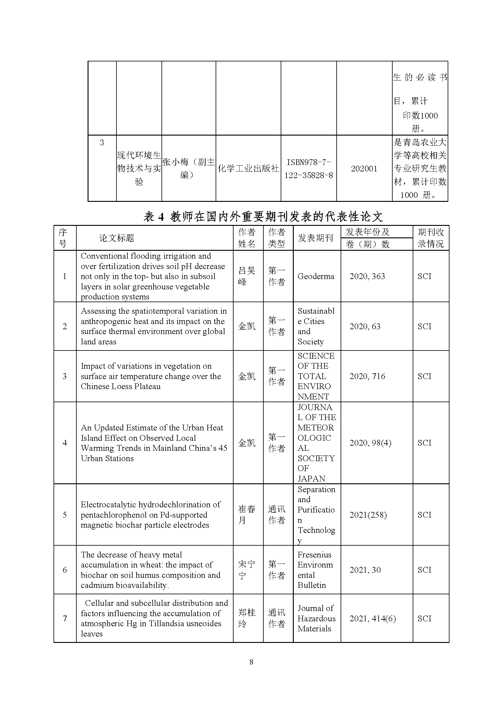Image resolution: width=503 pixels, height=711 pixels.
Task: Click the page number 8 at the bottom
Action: tap(251, 662)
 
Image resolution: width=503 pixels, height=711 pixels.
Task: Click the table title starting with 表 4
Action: tap(263, 217)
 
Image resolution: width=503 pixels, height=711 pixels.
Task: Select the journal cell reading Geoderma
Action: tap(316, 276)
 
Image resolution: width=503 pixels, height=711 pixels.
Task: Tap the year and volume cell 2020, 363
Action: tap(367, 276)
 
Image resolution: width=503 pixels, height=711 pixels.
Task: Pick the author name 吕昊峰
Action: tap(247, 276)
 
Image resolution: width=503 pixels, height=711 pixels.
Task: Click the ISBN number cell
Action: tap(308, 168)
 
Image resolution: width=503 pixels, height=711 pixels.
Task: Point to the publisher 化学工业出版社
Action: tap(248, 168)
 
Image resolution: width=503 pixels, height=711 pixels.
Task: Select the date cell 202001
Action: tap(364, 168)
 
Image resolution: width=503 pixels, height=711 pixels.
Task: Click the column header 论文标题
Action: tap(116, 238)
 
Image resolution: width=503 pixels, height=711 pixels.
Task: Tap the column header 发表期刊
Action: tap(315, 238)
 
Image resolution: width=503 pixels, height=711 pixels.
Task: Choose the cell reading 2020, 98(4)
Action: tap(370, 443)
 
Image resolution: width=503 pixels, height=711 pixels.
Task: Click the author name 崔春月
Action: tap(247, 515)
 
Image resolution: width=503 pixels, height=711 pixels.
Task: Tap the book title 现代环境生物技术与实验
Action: tap(139, 168)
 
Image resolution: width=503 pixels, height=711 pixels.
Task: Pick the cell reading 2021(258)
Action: tap(368, 515)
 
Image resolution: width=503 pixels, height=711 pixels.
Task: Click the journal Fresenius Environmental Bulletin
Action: tap(315, 570)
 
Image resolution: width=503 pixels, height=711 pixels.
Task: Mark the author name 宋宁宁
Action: tap(247, 570)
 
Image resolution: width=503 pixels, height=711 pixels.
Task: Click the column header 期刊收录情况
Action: tap(431, 238)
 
